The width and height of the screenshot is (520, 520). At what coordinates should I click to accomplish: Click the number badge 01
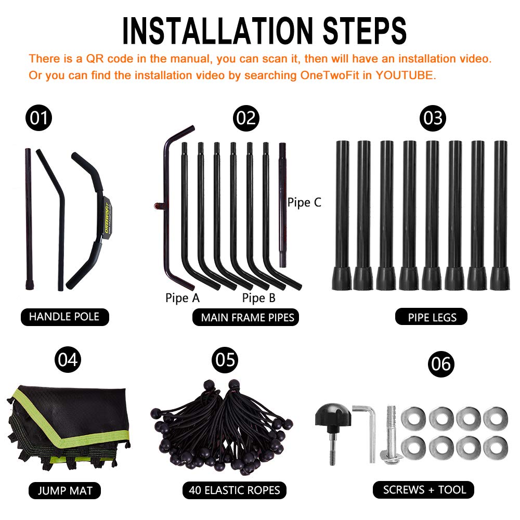point(39,118)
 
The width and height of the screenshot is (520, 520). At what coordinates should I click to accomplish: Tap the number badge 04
point(68,359)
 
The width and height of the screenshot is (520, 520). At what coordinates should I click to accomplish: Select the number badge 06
point(441,364)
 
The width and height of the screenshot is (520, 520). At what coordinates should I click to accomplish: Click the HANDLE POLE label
point(64,317)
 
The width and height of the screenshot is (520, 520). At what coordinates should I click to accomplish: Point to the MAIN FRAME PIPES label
point(246,317)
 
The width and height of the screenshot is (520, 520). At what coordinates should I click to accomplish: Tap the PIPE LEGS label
point(431,317)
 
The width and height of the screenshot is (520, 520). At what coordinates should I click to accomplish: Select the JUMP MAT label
point(64,490)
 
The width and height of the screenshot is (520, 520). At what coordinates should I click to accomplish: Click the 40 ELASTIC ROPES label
point(234,490)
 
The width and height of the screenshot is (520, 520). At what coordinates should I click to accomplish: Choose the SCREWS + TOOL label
point(424,490)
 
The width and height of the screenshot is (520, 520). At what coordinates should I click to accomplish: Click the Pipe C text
point(304,202)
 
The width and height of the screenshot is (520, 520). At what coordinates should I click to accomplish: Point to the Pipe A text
point(183,298)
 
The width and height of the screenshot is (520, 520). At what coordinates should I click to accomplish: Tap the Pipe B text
point(258,298)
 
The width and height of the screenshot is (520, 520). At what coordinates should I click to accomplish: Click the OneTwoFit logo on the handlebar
point(107,215)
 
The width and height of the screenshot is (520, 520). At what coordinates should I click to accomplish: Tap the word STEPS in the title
point(365,31)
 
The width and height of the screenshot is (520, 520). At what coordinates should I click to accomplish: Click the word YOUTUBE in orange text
point(404,75)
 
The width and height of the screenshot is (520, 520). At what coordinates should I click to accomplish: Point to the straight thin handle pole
point(29,219)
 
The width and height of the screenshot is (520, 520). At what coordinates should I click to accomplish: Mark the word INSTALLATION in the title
point(217,31)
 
